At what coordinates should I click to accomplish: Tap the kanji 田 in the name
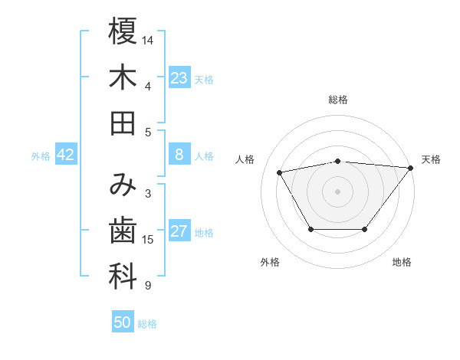pos(123,123)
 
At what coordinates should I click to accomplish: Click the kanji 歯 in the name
pos(123,231)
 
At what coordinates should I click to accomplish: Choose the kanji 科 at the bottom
pos(123,277)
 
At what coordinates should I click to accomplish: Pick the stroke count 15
pos(149,240)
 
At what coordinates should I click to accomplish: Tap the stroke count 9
pos(148,286)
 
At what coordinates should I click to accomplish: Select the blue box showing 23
pos(179,78)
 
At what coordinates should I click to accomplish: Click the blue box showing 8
pos(179,155)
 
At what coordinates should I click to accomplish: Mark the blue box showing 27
pos(179,232)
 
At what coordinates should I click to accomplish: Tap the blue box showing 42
pos(66,155)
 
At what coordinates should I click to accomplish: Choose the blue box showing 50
pos(123,322)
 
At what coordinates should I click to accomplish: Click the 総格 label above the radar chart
pos(337,100)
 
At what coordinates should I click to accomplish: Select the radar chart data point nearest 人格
pos(280,172)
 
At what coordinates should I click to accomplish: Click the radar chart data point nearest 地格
pos(365,230)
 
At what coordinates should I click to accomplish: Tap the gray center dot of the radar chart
pos(337,190)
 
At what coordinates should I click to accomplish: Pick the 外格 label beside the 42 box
pos(41,155)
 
